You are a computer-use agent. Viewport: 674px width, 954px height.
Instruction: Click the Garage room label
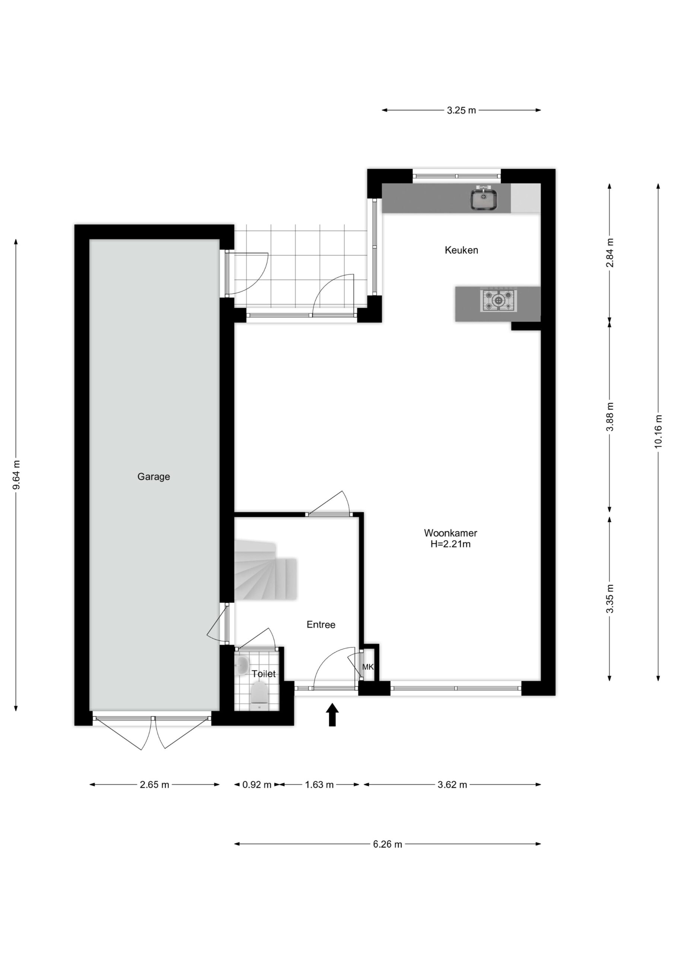[x=154, y=477]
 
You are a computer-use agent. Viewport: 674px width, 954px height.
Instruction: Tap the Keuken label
[x=461, y=250]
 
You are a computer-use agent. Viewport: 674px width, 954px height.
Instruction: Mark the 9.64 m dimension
[x=16, y=474]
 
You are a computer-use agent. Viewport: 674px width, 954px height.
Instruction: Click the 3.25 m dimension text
[x=461, y=111]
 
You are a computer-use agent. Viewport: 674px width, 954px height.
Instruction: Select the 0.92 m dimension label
[x=257, y=784]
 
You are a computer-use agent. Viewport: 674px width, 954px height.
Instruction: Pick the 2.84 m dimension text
[x=609, y=253]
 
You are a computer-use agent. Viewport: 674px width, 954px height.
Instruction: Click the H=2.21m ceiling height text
[x=451, y=544]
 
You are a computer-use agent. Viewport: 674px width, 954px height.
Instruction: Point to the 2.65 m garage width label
[x=155, y=784]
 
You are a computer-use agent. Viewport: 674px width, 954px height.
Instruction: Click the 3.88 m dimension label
[x=609, y=417]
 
